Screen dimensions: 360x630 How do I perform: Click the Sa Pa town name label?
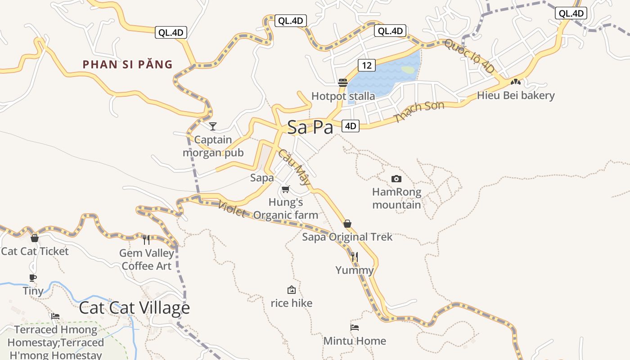(310, 127)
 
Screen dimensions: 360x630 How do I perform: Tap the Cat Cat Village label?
(134, 308)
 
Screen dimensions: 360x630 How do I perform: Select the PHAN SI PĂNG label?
(127, 64)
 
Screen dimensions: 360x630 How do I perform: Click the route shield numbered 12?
(367, 65)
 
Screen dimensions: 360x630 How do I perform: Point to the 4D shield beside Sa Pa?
(350, 126)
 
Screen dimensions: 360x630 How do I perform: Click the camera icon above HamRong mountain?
(396, 179)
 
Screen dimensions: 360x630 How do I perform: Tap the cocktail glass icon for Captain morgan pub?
(213, 126)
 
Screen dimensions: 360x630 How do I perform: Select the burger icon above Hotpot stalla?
(343, 83)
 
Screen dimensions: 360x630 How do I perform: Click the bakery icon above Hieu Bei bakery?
(515, 82)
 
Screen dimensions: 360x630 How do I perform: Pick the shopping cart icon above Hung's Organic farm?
(285, 189)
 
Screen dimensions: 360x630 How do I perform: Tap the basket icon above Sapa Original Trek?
(347, 224)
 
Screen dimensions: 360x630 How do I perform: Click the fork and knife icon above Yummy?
(354, 257)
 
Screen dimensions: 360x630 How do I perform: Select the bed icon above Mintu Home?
(355, 328)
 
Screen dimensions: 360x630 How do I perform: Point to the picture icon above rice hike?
(291, 290)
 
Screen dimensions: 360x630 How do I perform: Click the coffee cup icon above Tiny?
(32, 278)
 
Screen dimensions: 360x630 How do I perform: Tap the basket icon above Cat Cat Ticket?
(34, 238)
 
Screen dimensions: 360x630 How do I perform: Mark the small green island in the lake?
(408, 70)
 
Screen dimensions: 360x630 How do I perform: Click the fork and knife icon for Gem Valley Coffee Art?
(146, 240)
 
